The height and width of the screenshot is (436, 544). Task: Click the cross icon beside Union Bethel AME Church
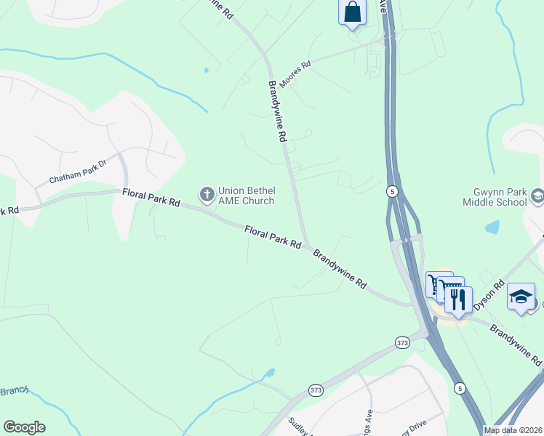[207, 195]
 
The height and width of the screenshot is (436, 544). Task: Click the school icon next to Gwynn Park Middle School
[537, 195]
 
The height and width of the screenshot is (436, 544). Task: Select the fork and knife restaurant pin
[458, 299]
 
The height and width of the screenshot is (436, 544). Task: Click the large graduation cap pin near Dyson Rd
[521, 296]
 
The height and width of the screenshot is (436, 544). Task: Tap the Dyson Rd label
[489, 295]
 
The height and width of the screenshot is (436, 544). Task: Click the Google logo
[24, 427]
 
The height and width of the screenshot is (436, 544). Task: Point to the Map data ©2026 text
[513, 430]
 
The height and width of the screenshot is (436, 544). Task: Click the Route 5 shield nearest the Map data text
[460, 388]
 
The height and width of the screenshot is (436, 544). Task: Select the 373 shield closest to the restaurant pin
[402, 342]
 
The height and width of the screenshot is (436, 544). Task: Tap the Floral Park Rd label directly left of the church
[151, 196]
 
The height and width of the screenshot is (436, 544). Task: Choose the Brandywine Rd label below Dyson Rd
[516, 344]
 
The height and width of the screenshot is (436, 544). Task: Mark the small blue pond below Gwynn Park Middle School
[492, 227]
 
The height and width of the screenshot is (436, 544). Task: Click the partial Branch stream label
[13, 391]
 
